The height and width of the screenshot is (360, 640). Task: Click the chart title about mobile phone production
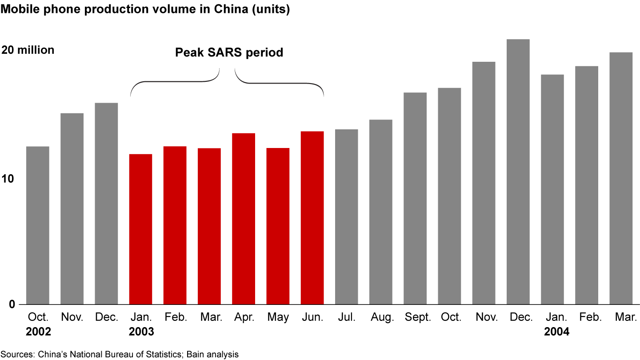(145, 9)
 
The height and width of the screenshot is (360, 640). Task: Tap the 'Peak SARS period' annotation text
(229, 52)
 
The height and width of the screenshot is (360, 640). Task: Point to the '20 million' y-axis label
(28, 50)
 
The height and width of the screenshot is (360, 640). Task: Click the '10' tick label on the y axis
(8, 179)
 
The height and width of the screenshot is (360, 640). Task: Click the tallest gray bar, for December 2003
(518, 172)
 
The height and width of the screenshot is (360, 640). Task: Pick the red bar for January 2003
(140, 229)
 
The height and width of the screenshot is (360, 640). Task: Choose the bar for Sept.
(415, 198)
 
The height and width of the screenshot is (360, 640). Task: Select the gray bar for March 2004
(621, 178)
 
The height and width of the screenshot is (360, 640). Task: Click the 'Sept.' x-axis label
(418, 317)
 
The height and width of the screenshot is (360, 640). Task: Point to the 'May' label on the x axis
(278, 317)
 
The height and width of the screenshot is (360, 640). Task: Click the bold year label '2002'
(39, 332)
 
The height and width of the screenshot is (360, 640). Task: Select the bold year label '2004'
(556, 332)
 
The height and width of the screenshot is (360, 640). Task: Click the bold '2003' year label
(141, 332)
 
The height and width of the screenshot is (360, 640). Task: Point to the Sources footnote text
(120, 354)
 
